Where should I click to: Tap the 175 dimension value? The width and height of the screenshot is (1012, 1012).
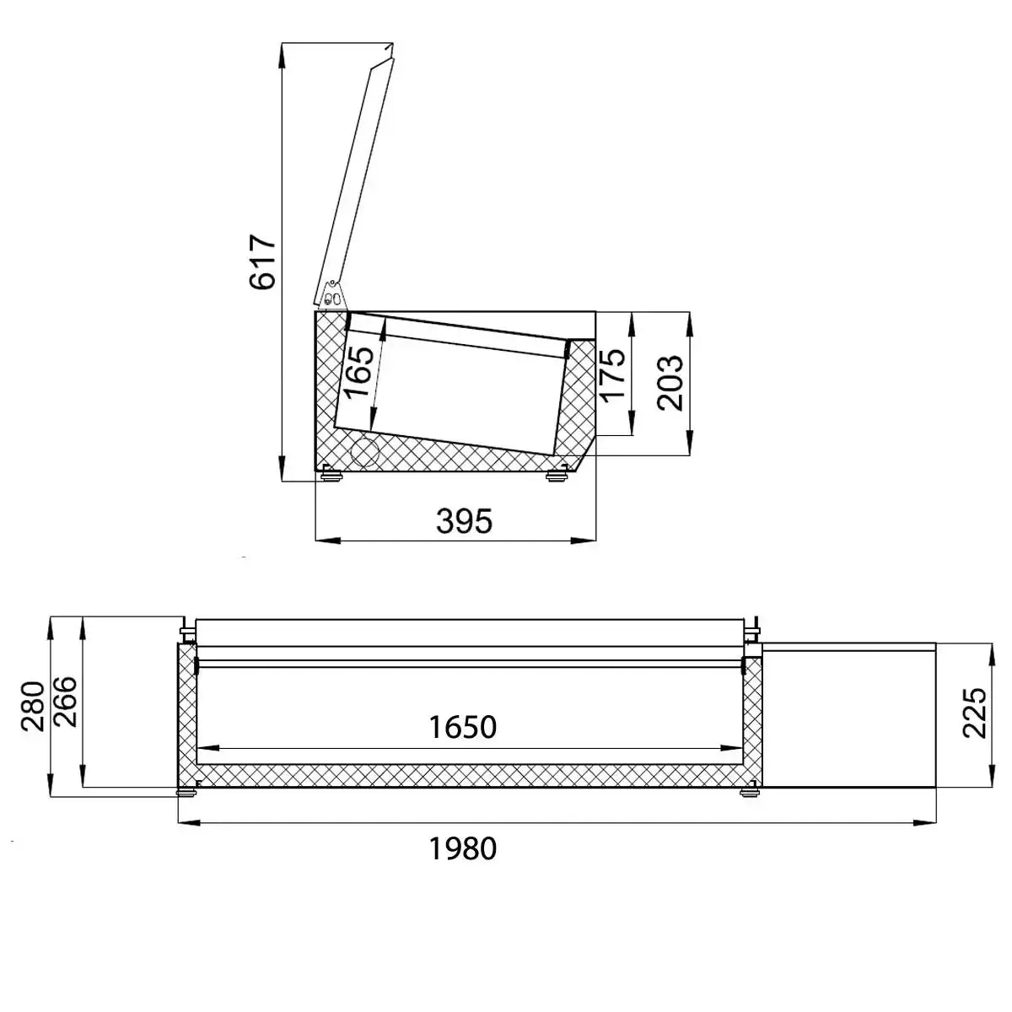coord(612,374)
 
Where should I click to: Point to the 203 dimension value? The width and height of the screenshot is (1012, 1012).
coord(670,383)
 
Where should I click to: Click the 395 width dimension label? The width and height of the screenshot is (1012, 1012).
coord(464,521)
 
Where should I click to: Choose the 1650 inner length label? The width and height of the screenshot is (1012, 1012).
coord(462,727)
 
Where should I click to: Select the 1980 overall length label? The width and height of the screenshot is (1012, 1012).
coord(462,848)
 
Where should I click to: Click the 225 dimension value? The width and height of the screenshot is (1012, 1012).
coord(974,713)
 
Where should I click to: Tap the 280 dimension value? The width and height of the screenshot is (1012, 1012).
coord(32,707)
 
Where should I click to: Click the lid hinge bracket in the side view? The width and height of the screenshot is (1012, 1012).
coord(331,294)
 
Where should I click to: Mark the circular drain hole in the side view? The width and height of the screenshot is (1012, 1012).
coord(365,451)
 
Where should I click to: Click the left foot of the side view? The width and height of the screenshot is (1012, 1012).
coord(331,476)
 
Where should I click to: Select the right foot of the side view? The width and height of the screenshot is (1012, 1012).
coord(556,476)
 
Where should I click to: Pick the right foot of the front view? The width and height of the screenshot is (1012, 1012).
coord(748,792)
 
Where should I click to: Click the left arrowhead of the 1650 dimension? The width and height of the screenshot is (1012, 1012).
coord(204,748)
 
